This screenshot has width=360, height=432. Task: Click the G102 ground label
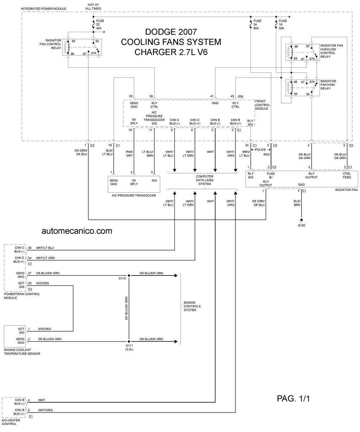tap(301, 225)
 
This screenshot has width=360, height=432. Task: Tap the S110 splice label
tap(122, 279)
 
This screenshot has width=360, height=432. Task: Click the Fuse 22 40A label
tap(100, 25)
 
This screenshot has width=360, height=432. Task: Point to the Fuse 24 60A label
tap(257, 25)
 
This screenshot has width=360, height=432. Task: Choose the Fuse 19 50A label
tap(283, 25)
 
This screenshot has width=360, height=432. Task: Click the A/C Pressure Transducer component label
tap(134, 196)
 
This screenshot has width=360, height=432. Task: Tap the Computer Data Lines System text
tap(205, 180)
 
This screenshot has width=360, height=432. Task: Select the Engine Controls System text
tap(192, 306)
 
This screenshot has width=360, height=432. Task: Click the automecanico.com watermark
tap(77, 231)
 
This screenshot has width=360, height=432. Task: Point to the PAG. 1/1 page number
tap(293, 398)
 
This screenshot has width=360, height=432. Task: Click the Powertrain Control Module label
tap(22, 296)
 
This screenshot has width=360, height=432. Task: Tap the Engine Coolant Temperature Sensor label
tap(22, 352)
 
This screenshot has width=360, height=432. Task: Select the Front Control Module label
tap(262, 105)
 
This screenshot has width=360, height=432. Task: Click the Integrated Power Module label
tap(43, 9)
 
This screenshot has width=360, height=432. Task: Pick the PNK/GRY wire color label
tap(129, 154)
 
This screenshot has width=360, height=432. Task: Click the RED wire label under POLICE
tap(267, 155)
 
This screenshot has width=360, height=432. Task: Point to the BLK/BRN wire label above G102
tap(297, 203)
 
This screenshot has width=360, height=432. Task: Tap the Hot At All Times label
tap(93, 7)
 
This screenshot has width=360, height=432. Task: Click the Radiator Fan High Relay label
tap(328, 85)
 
